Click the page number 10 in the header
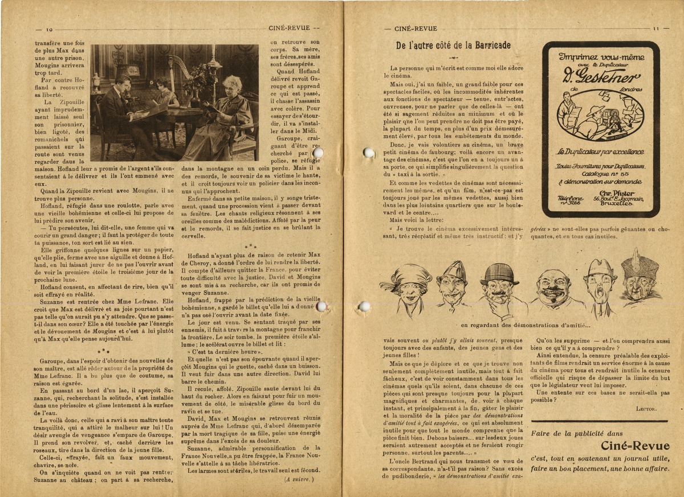[x=49, y=30]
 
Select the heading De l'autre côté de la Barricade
[x=453, y=46]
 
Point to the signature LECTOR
[x=646, y=408]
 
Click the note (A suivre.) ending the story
[x=299, y=479]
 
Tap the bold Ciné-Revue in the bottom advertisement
[x=635, y=446]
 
